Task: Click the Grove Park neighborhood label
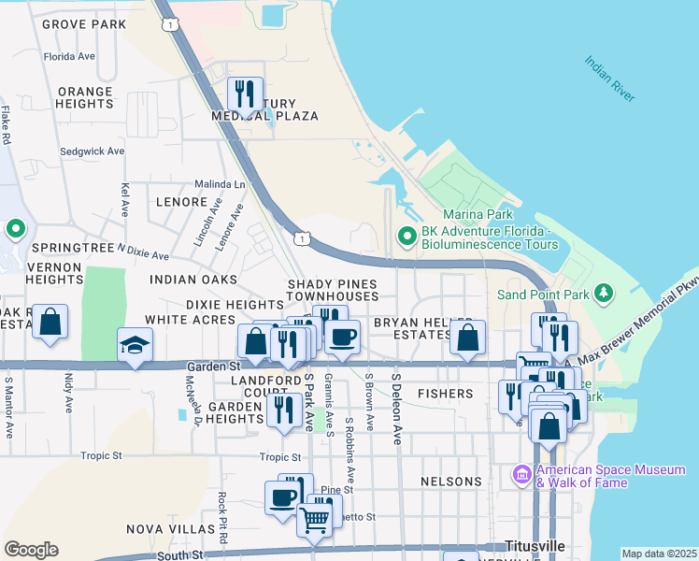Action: (83, 22)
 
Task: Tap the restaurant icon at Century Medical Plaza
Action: (245, 94)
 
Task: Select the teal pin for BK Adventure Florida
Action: (407, 236)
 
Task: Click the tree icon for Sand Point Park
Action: (604, 295)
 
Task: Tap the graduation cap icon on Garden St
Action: (136, 345)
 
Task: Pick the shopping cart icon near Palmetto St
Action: (315, 519)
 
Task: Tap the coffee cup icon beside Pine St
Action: (282, 496)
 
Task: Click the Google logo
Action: (31, 550)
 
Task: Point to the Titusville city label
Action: (535, 545)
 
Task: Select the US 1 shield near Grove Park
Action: (168, 24)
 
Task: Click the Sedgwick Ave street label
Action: (92, 151)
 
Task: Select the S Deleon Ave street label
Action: (396, 409)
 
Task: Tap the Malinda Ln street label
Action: (220, 184)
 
